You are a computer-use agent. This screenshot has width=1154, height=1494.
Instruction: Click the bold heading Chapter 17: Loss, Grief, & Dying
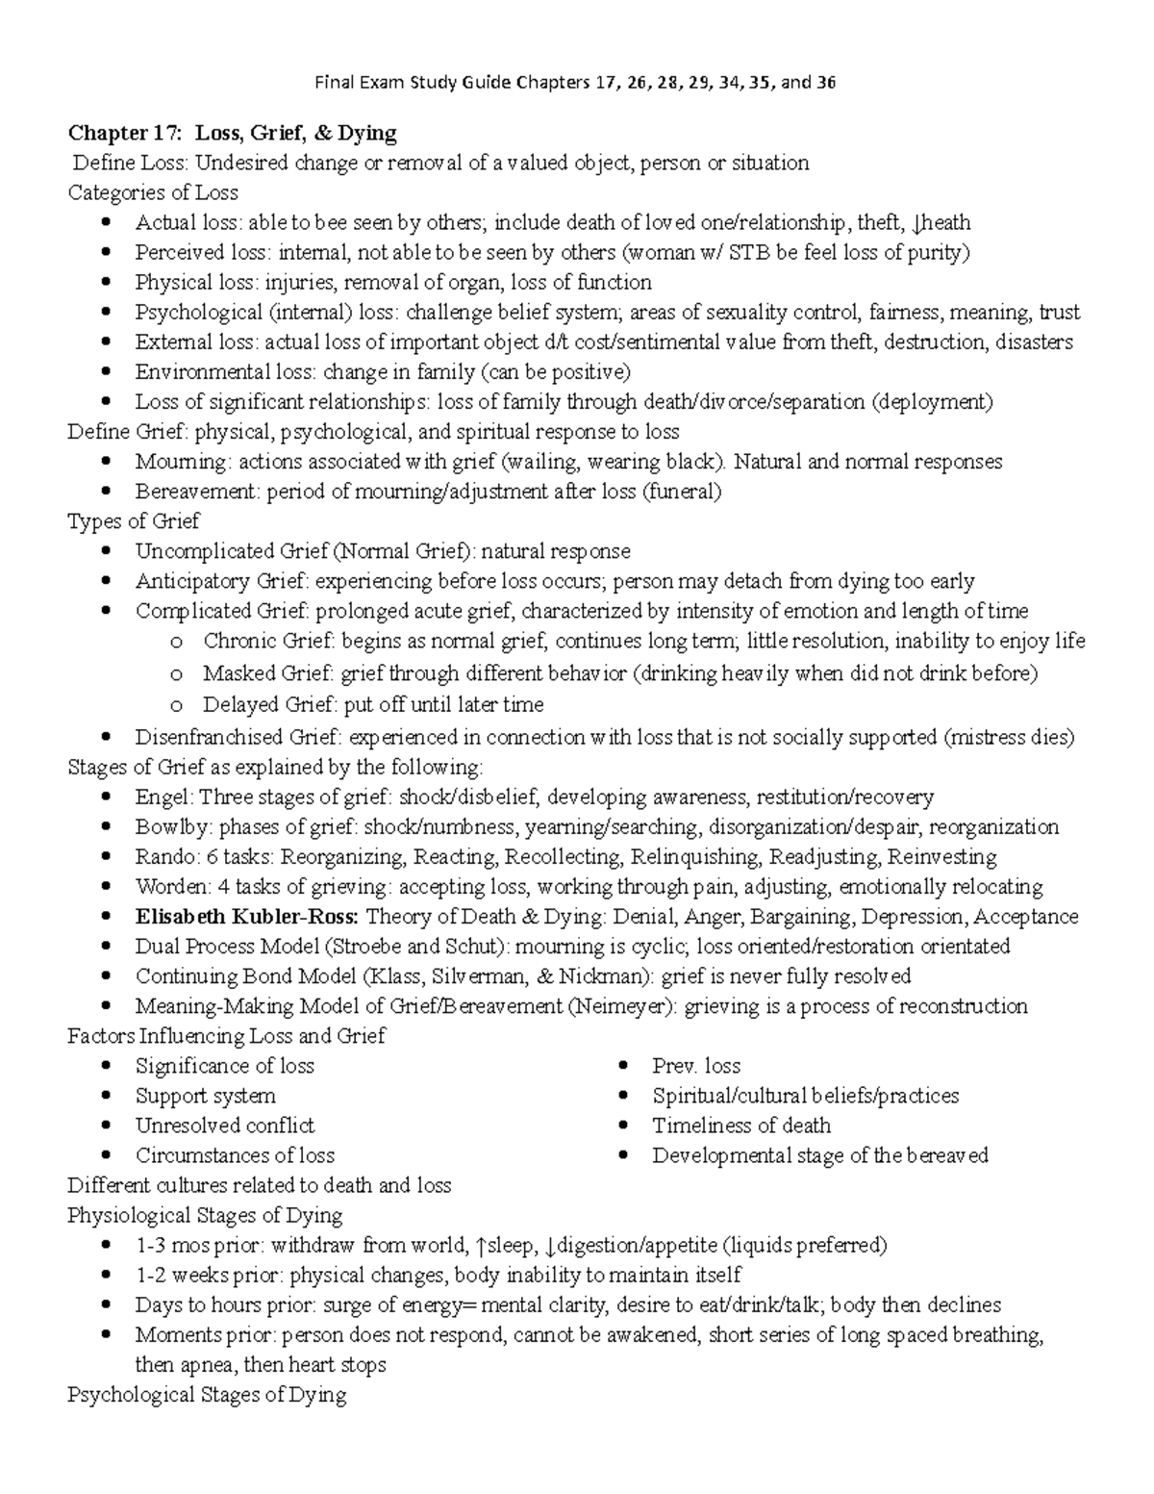[232, 132]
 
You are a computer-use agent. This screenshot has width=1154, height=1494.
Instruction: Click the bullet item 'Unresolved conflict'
[224, 1126]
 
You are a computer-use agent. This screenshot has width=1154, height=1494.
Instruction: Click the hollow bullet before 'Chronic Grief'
[174, 643]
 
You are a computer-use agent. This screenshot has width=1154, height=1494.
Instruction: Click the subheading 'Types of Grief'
[134, 521]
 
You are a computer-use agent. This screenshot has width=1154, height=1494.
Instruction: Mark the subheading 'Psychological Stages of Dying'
[207, 1395]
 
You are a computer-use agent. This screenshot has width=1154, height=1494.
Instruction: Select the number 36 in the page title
[826, 83]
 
